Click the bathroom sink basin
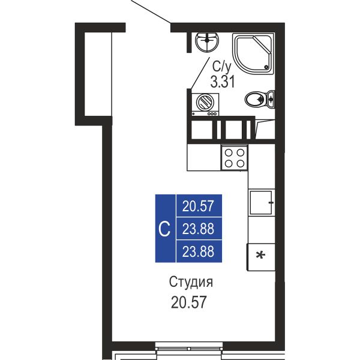click(207, 42)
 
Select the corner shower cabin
click(253, 53)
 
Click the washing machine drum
click(205, 101)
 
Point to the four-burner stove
click(234, 157)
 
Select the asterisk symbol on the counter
click(260, 256)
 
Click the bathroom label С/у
click(221, 67)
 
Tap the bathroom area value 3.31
click(223, 82)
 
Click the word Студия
click(191, 282)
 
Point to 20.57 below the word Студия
click(189, 302)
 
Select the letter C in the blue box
click(164, 229)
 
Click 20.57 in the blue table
click(198, 206)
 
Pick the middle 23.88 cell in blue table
click(199, 229)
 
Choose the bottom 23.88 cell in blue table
click(199, 251)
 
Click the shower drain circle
click(266, 67)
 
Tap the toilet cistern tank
click(271, 100)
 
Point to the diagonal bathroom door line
click(199, 73)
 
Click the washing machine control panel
click(205, 113)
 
